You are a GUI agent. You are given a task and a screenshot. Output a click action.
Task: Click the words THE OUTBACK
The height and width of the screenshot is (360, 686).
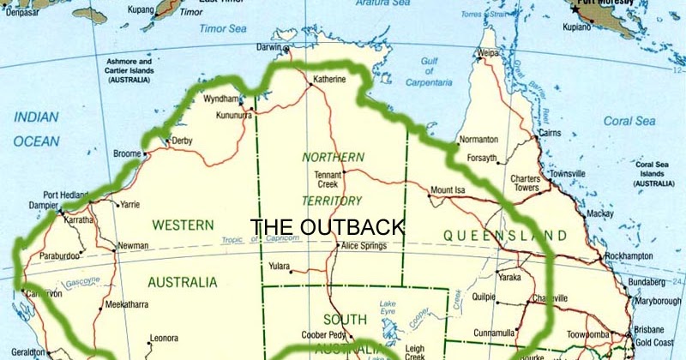coord(327,226)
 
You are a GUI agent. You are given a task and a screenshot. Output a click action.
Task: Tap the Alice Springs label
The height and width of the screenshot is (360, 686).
coord(364,246)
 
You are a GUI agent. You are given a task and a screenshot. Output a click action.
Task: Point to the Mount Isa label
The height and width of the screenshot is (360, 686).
coord(448,189)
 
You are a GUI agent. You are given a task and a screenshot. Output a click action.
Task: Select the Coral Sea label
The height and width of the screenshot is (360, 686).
coord(629,121)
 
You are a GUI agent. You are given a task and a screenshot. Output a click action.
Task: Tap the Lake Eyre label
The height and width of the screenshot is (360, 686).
coord(388,309)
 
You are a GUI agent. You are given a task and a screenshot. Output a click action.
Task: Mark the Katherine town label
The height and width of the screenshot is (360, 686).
coord(330,80)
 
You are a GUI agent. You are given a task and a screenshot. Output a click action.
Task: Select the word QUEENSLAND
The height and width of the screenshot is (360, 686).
coord(505,235)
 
